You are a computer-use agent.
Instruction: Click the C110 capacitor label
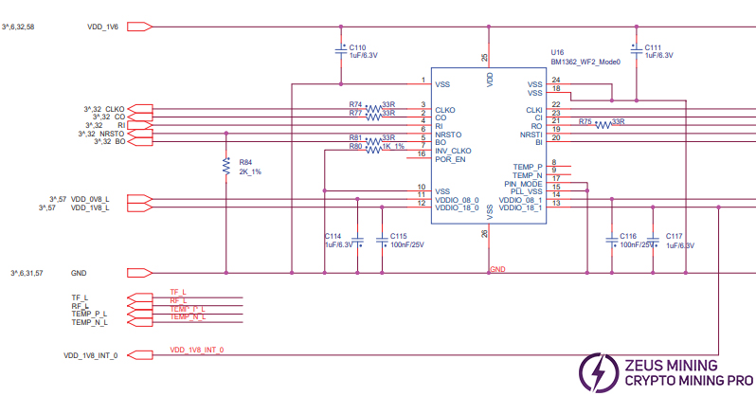357,46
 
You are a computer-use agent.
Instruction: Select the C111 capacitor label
653,46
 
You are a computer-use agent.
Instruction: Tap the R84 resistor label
246,162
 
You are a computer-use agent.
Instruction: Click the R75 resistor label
585,121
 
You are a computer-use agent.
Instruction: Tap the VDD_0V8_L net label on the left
90,199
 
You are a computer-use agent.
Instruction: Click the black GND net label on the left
79,272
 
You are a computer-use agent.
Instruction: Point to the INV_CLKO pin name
454,152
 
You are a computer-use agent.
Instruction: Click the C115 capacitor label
398,235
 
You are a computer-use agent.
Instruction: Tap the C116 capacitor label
627,235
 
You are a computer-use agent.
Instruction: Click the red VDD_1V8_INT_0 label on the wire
197,351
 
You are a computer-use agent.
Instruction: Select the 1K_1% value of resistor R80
392,146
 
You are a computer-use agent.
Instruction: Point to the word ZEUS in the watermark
643,363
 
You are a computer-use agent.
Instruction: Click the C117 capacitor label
674,235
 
